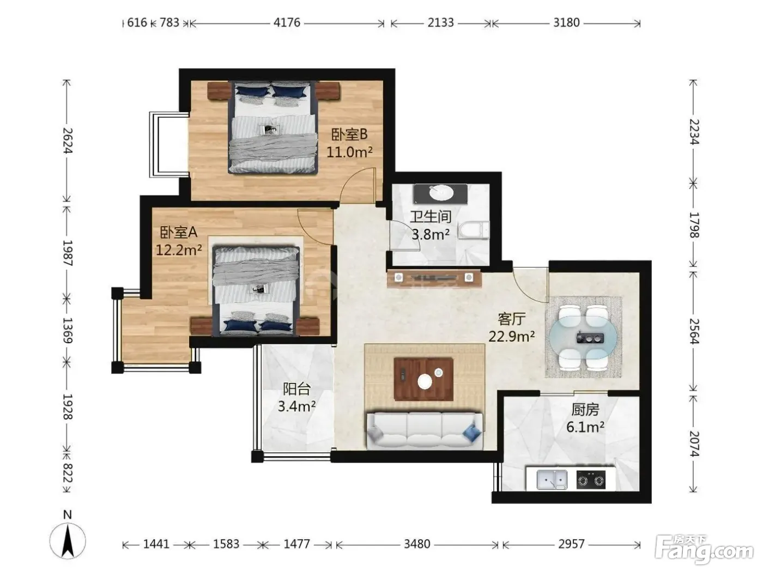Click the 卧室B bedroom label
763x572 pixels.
pos(349,135)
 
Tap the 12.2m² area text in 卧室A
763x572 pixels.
pos(179,250)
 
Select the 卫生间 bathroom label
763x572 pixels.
pos(431,217)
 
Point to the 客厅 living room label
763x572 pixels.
pos(511,319)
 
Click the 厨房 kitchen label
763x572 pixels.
pos(585,410)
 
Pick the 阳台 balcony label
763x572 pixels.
pos(296,389)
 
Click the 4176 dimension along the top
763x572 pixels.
pos(287,22)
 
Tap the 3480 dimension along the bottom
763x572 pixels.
pos(417,544)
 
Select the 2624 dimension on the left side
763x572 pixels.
pos(68,141)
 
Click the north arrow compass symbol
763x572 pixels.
pos(68,539)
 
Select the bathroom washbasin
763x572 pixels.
pos(441,193)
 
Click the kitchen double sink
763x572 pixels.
pos(552,479)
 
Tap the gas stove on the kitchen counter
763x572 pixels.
pos(591,480)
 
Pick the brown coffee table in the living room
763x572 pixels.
pos(423,379)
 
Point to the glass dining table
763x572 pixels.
pos(583,337)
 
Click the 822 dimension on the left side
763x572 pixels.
pos(68,473)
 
